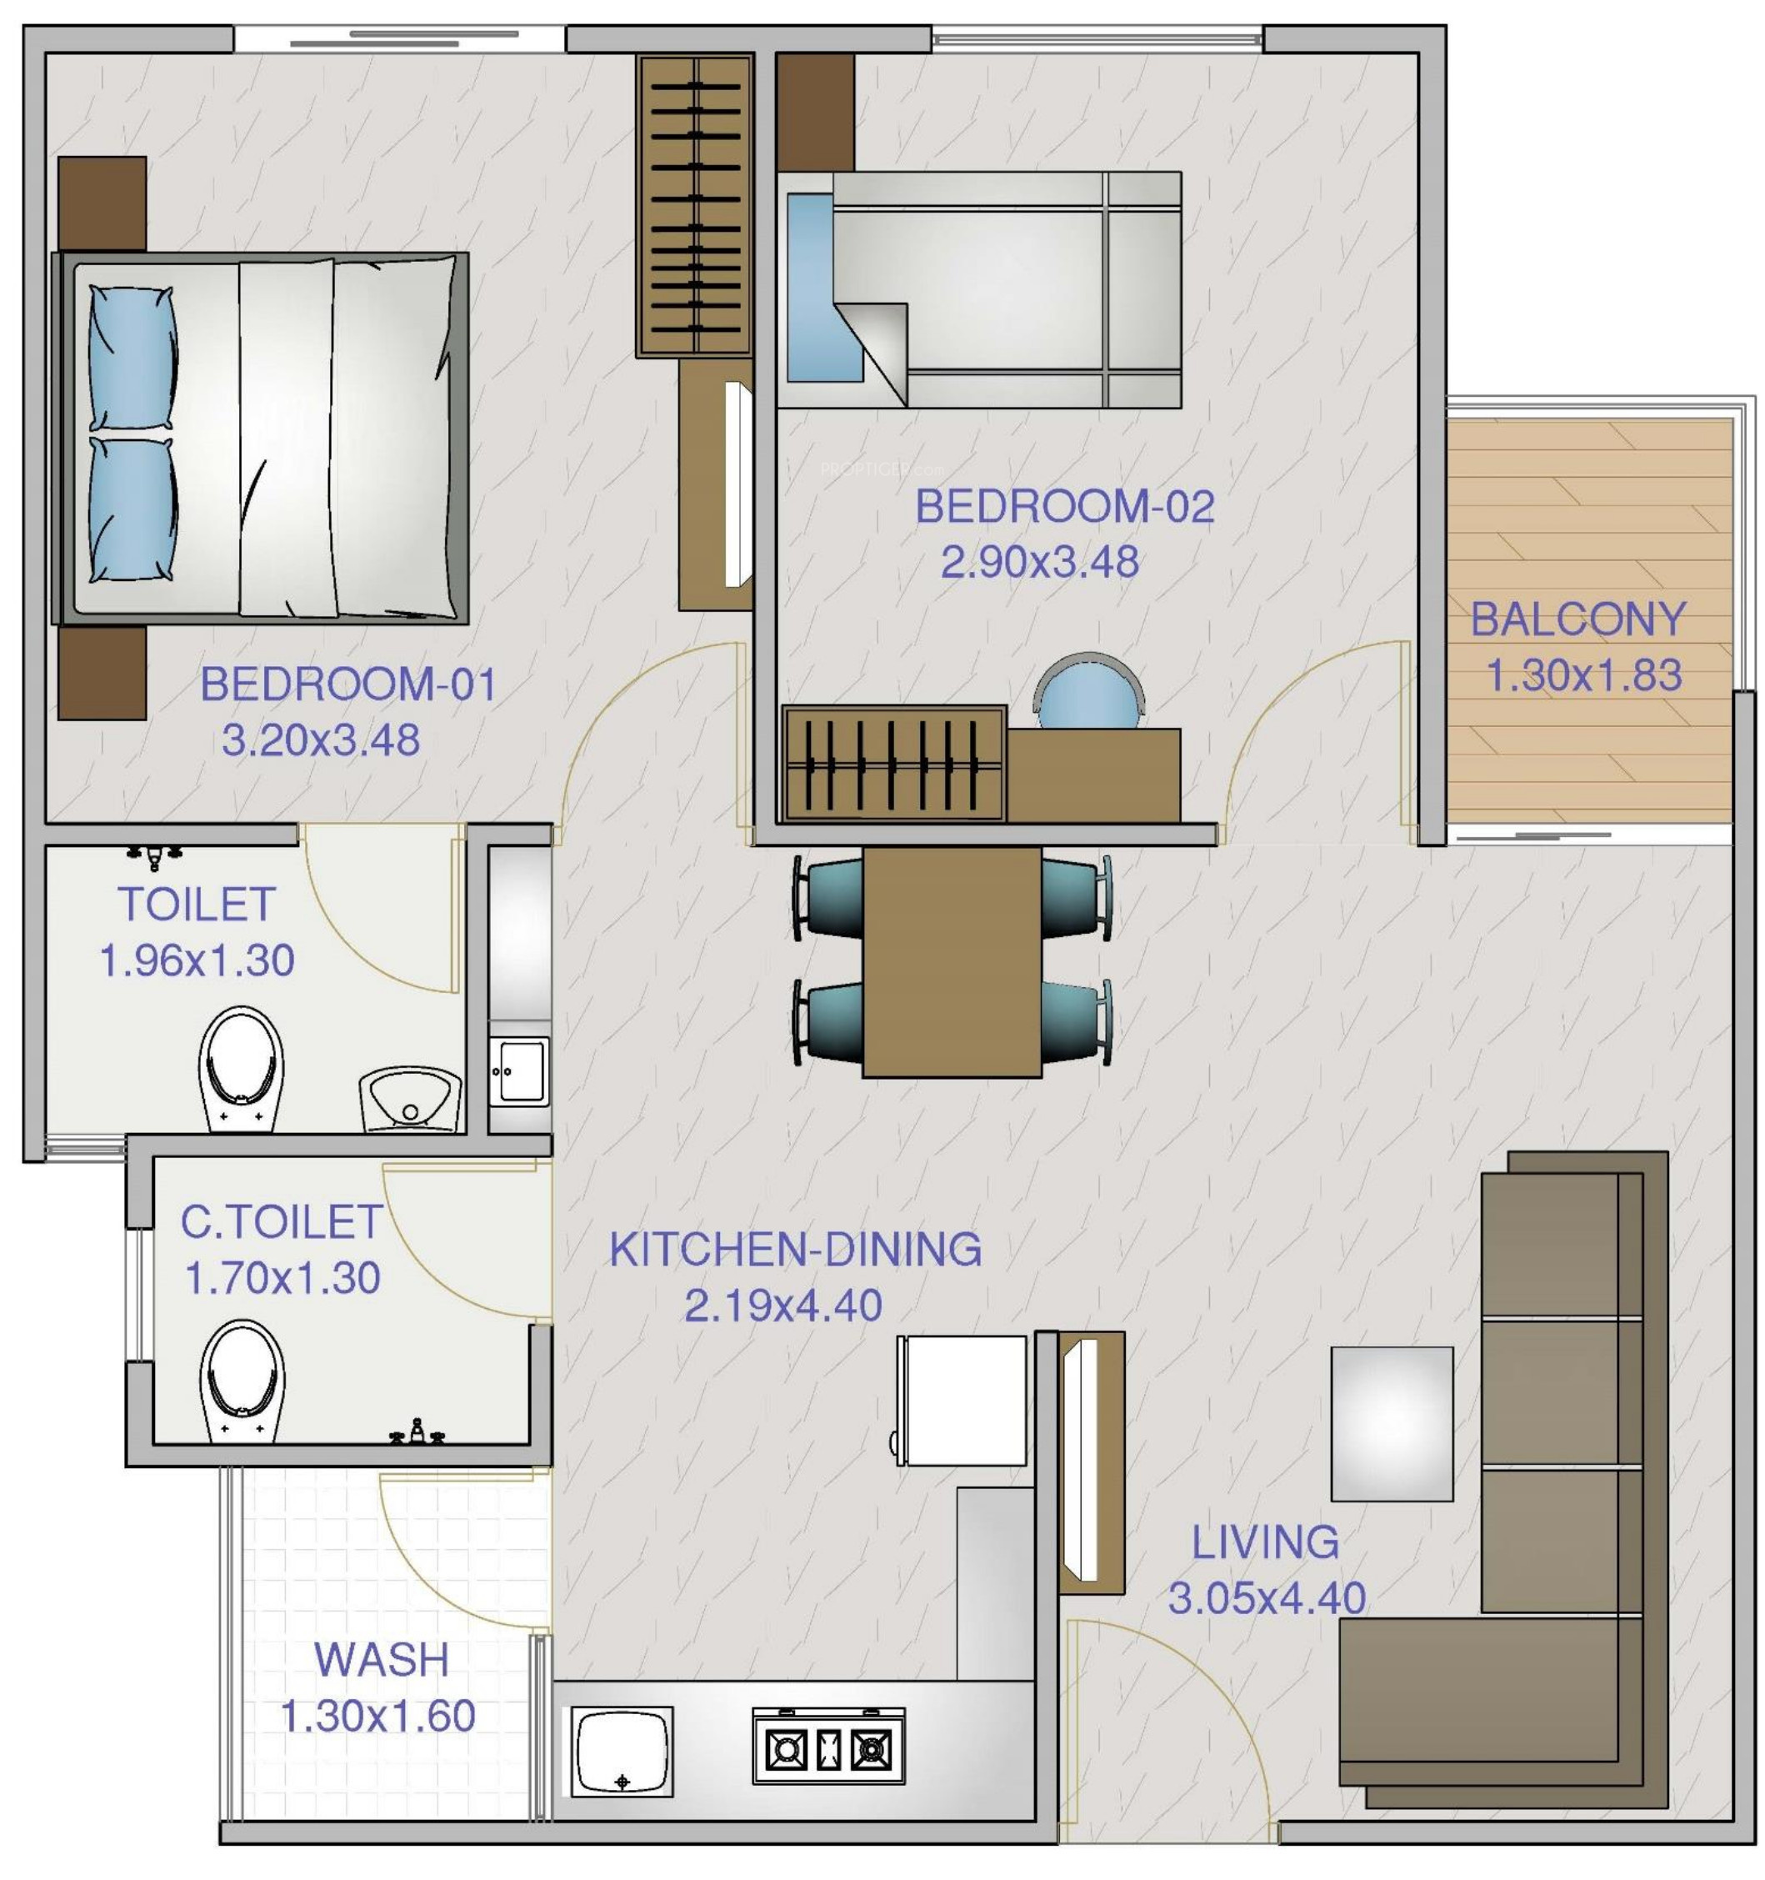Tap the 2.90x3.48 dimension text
coord(1039,562)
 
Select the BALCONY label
coord(1577,619)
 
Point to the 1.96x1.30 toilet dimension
coord(197,960)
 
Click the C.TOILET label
coord(281,1222)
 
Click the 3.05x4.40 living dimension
coord(1266,1598)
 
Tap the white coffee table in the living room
coord(1391,1423)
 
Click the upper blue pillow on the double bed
coord(132,357)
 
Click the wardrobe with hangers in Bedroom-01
coord(694,205)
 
